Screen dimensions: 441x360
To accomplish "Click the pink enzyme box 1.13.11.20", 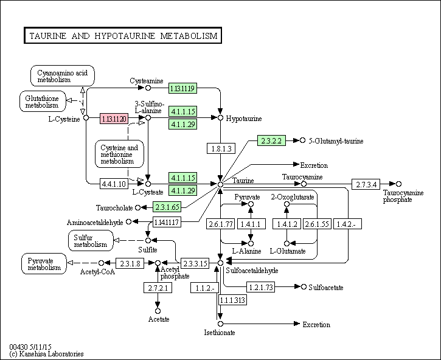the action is click(x=114, y=119).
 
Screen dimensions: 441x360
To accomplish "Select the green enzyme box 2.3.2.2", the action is click(x=271, y=140).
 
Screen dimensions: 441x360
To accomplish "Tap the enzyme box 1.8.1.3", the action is click(x=221, y=148).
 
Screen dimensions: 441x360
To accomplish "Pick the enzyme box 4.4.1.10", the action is click(x=114, y=184).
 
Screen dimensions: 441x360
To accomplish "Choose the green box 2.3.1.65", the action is click(x=167, y=207).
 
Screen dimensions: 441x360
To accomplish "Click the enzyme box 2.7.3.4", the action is click(x=366, y=184).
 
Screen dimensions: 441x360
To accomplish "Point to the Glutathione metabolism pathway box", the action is click(x=43, y=101).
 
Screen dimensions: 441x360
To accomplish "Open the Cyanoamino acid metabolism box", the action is click(x=63, y=76).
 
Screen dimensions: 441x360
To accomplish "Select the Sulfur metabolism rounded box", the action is click(x=91, y=241).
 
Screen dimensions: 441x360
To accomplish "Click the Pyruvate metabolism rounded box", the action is click(x=44, y=264).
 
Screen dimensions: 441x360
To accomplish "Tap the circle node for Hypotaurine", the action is click(x=220, y=117).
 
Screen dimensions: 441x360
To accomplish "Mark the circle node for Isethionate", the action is click(x=220, y=324).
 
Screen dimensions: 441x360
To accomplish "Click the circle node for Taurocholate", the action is click(x=137, y=207).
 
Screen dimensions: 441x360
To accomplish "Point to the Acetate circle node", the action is click(x=158, y=311).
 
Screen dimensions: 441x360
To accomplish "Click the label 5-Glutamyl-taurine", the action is click(x=336, y=141).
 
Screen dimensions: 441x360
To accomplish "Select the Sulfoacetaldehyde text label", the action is click(x=252, y=271).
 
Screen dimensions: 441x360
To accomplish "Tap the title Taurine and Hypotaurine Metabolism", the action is click(x=123, y=35).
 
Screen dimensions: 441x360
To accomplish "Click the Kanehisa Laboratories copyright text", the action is click(x=46, y=354).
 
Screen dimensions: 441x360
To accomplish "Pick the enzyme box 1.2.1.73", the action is click(x=261, y=287).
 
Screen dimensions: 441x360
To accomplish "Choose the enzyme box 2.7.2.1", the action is click(x=158, y=288).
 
